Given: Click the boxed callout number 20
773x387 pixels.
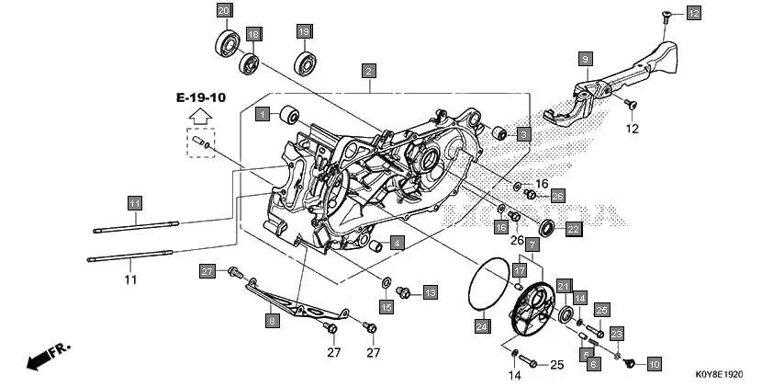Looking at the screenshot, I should (224, 10).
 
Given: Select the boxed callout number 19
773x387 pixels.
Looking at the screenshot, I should (304, 31).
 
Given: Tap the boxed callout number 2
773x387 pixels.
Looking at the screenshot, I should (368, 70).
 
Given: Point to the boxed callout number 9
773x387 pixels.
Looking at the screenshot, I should (583, 59).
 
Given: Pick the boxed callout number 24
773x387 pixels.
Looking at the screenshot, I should (482, 325).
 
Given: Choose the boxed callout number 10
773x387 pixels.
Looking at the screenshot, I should (653, 364).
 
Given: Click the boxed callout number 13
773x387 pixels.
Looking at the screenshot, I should (430, 292).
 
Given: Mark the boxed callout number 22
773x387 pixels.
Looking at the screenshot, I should (572, 229).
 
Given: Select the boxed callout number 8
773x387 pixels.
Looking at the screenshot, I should (272, 321).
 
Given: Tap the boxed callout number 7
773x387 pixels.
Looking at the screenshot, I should (532, 245).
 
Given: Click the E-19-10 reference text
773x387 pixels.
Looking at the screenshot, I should (201, 97).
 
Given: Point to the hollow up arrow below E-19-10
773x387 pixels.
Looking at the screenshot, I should (199, 116).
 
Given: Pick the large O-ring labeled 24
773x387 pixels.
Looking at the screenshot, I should (487, 284).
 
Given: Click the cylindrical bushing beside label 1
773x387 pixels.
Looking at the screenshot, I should (289, 115).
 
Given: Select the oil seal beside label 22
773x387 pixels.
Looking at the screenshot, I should (545, 227).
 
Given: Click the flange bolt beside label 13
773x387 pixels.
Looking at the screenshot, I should (403, 292).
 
